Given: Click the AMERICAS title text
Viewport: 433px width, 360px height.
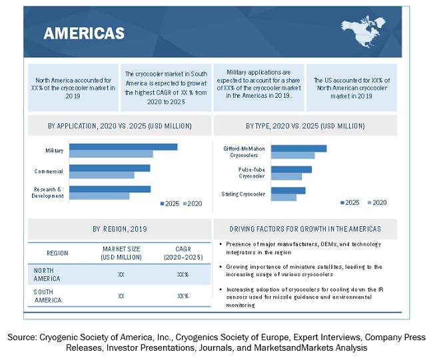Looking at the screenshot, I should point(84,34).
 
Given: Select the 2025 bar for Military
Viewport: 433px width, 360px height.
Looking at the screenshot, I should point(123,147).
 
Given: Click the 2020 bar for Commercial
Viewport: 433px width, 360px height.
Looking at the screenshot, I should point(101,176).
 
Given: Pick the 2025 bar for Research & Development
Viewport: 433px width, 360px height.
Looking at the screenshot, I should point(110,189).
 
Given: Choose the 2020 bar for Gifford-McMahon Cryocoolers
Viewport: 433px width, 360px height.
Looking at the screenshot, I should point(292,156).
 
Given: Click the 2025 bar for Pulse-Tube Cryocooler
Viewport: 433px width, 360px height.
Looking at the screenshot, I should point(291,169).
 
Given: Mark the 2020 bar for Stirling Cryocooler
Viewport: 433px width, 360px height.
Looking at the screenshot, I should point(284,197).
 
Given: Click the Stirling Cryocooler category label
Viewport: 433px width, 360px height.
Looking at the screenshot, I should point(243,194).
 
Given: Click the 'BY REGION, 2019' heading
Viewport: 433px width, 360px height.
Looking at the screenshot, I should point(120,229).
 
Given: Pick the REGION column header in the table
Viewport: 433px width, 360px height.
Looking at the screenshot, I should point(57,253).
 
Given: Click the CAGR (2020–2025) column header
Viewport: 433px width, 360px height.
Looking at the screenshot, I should point(183,253).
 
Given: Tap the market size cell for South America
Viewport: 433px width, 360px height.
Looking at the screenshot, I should point(121,295).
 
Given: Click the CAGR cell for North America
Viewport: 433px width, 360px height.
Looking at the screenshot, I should point(183,274).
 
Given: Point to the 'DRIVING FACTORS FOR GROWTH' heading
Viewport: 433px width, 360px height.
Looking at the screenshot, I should point(305,229).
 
